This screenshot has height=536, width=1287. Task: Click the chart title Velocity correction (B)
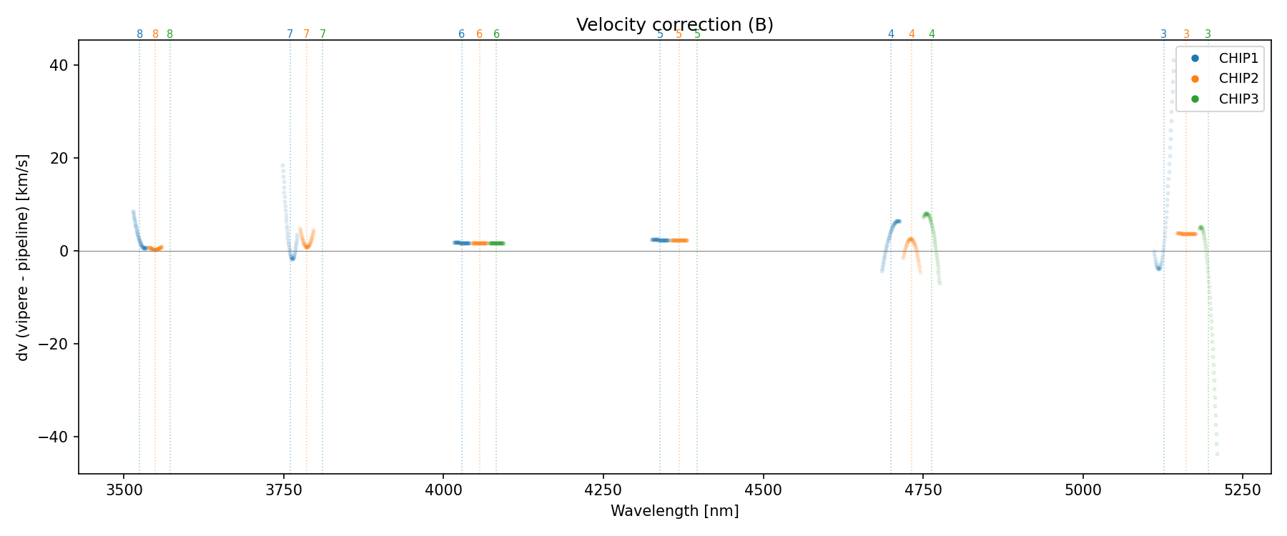(x=674, y=25)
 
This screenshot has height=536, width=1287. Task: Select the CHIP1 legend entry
(x=1238, y=59)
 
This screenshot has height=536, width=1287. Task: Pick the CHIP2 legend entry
(x=1238, y=79)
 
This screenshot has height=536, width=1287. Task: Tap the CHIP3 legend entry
(x=1238, y=99)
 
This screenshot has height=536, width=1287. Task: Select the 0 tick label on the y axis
(x=64, y=251)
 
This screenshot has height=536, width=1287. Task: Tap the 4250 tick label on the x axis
(x=603, y=490)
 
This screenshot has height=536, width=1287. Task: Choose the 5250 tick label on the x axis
(x=1243, y=490)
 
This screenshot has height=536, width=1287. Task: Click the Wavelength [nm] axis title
(x=674, y=511)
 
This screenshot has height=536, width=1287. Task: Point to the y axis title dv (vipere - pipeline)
(x=23, y=257)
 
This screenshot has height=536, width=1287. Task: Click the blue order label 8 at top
(x=139, y=34)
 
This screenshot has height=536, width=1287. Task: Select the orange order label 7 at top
(x=307, y=34)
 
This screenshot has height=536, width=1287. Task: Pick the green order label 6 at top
(x=496, y=34)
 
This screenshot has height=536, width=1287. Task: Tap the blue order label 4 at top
(x=891, y=34)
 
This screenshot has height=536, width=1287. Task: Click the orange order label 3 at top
(x=1186, y=34)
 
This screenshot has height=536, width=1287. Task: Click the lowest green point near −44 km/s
(x=1217, y=455)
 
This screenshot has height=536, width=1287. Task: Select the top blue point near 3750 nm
(x=282, y=166)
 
